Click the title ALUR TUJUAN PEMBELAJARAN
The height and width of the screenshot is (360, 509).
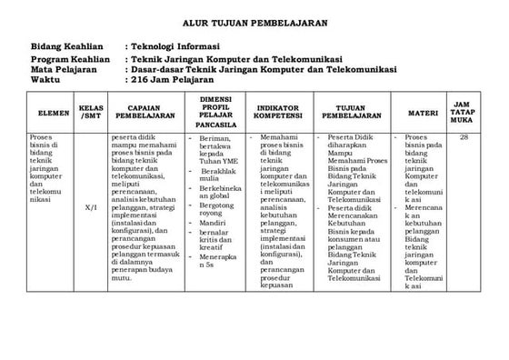click(x=257, y=21)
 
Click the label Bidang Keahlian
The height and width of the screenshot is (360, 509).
click(x=65, y=45)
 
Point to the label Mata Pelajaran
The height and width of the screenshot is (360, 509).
click(x=63, y=67)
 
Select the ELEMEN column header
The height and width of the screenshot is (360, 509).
click(x=48, y=113)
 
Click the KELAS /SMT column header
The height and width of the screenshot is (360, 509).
click(x=91, y=113)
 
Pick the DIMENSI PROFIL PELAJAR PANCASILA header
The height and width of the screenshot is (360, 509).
click(x=219, y=110)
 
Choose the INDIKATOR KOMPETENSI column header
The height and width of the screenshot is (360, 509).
click(x=280, y=113)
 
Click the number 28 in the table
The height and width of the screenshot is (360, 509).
click(x=464, y=137)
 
